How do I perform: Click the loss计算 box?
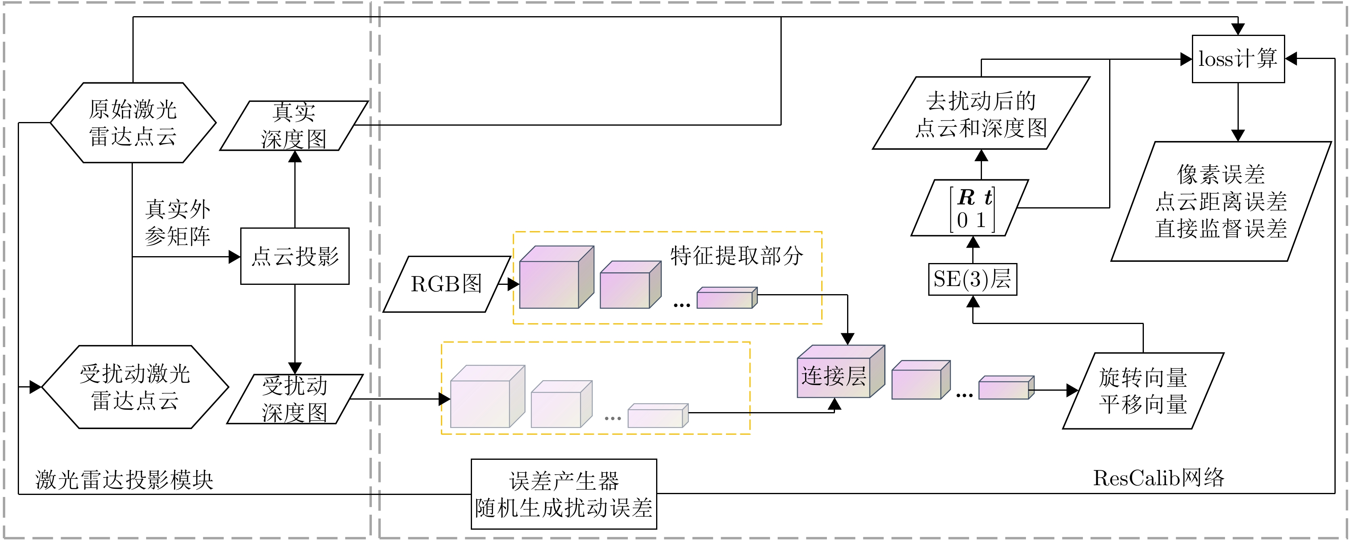(1238, 59)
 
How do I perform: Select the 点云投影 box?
(295, 256)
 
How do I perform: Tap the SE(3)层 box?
(972, 279)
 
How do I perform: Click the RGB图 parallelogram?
(446, 284)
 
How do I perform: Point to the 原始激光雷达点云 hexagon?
(133, 123)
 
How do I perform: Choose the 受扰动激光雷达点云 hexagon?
(135, 387)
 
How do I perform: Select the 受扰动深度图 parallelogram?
(295, 399)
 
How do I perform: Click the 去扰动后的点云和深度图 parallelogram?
(981, 114)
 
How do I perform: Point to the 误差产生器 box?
(564, 494)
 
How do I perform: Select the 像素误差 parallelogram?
(1221, 202)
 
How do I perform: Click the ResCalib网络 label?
(1158, 478)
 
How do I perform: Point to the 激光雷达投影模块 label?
(124, 480)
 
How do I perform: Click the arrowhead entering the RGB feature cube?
(514, 284)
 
